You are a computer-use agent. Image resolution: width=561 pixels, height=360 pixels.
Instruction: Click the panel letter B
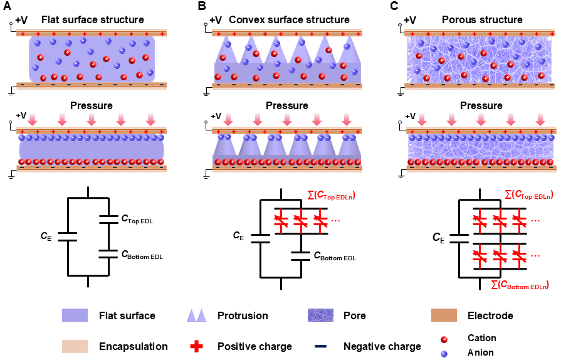(x=202, y=6)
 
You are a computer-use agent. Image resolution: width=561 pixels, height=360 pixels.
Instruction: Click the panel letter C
(x=394, y=6)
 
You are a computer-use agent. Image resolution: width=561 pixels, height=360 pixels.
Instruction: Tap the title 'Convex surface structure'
(x=289, y=19)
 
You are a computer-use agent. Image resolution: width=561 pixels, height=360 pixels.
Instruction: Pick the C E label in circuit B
(x=238, y=236)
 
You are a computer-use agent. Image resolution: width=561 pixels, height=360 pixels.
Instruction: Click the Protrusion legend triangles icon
(x=196, y=315)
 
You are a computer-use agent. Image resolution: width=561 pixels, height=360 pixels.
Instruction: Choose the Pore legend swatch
(x=324, y=315)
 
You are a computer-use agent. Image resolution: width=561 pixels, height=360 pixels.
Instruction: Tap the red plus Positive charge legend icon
(x=196, y=346)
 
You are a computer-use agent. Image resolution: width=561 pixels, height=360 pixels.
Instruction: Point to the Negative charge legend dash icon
(x=324, y=346)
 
